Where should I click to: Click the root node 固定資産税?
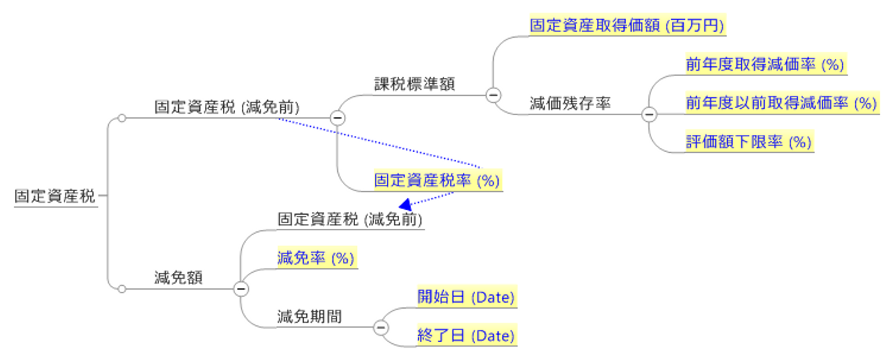pos(55,196)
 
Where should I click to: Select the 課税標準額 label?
pos(414,84)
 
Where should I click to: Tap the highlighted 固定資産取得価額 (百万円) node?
pos(627,25)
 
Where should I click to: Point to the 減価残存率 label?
pos(570,103)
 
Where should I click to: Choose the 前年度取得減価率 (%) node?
pos(766,64)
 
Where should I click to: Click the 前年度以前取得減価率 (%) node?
pos(782,103)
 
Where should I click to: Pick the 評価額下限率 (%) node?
pos(749,142)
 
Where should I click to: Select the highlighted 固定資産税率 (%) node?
pos(437,181)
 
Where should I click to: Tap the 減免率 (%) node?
pos(317,258)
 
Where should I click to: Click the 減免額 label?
pos(178,278)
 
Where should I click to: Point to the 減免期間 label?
pos(309,317)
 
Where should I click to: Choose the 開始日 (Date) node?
pos(467,297)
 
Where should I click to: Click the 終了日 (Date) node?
pos(467,336)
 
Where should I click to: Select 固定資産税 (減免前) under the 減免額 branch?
pos(350,219)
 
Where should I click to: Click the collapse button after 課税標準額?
pos(493,95)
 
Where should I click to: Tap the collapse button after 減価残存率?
pos(649,115)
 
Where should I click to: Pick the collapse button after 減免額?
pos(241,289)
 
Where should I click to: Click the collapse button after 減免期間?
pos(381,328)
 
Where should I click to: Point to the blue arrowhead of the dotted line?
pos(405,205)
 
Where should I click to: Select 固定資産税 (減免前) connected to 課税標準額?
pos(226,108)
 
